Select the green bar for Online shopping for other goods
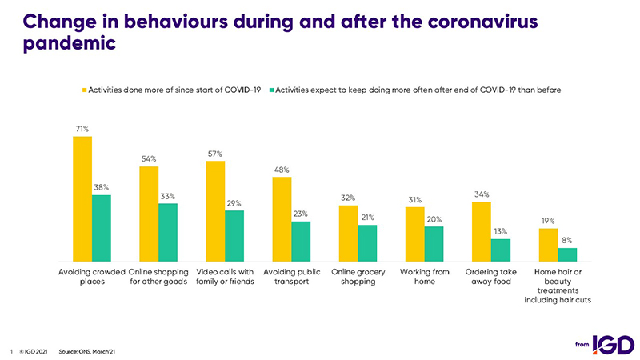[x=168, y=232]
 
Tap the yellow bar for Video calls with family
[x=215, y=210]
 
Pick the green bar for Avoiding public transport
[x=301, y=241]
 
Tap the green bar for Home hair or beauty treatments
[x=567, y=254]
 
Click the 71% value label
[x=82, y=129]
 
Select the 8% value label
[x=567, y=240]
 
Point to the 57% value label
[x=215, y=153]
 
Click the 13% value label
[x=501, y=231]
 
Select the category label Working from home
[x=424, y=276]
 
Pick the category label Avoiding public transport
[x=291, y=276]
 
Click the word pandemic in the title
[x=63, y=42]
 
